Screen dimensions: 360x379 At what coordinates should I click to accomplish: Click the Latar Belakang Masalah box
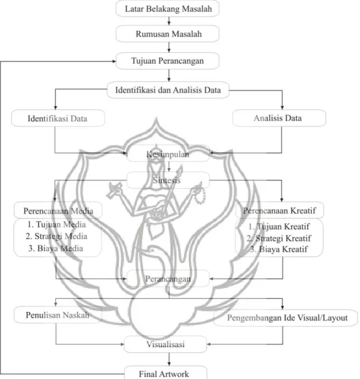pos(167,9)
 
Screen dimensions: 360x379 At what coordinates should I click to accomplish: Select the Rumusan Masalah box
pos(167,33)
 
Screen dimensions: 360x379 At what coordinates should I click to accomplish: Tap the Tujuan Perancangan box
pos(167,61)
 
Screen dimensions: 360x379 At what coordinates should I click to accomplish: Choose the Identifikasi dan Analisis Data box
pos(168,90)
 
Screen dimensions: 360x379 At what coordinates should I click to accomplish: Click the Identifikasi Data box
pos(58,118)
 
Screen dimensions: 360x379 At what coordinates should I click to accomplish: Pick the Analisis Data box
pos(279,118)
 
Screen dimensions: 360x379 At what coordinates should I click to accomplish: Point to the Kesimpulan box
pos(168,154)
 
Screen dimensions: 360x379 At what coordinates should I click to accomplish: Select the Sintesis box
pos(168,180)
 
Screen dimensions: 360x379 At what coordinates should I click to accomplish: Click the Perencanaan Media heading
pos(58,210)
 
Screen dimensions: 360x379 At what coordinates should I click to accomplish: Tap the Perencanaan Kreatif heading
pos(279,210)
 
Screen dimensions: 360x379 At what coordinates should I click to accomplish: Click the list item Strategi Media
pos(56,236)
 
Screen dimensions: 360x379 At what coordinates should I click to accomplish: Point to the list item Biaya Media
pos(56,248)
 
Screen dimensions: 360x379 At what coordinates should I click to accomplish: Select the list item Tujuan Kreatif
pos(279,226)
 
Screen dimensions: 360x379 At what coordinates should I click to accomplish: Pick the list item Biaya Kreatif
pos(279,249)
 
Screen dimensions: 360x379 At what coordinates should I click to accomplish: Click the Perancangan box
pos(168,279)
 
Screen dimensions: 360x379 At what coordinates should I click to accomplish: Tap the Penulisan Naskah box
pos(58,315)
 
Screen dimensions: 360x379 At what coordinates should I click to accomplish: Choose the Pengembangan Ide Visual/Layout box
pos(286,318)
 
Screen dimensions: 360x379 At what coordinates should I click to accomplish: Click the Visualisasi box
pos(165,344)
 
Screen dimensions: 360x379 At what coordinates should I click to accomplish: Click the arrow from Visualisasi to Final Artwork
pos(169,359)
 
